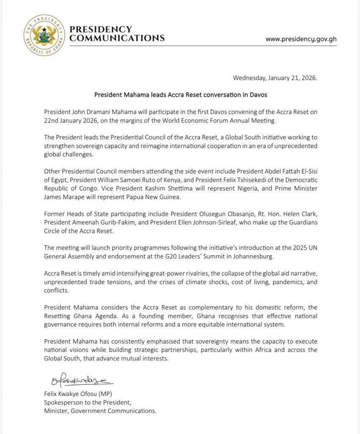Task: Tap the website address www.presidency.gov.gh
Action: pos(301,39)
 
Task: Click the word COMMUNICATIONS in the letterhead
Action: pos(117,38)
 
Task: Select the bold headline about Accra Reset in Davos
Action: pos(180,95)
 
